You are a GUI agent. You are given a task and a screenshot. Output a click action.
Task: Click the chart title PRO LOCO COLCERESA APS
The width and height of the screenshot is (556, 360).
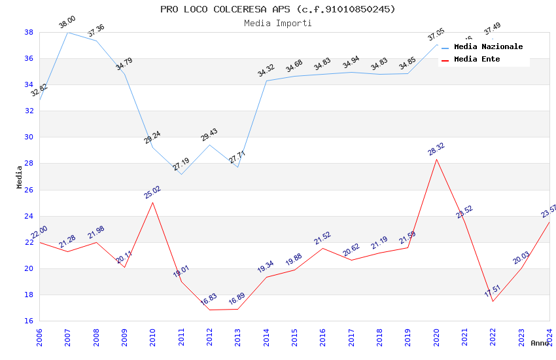(278, 9)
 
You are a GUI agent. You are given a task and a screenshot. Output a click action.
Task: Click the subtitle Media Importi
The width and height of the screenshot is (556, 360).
(278, 23)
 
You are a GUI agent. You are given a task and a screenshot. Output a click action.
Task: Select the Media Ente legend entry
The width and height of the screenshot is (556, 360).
(477, 59)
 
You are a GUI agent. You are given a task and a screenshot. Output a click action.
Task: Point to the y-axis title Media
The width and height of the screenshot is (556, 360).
(20, 177)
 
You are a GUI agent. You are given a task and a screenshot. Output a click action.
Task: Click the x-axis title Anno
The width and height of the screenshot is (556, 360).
(540, 343)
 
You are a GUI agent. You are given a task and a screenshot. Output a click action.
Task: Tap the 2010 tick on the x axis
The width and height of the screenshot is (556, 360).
(153, 336)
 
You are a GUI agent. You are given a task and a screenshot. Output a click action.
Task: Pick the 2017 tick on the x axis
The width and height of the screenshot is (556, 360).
(351, 336)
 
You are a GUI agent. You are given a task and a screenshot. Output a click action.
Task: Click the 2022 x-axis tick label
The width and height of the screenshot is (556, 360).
(493, 336)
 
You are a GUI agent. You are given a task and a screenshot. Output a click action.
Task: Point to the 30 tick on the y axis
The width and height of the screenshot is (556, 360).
(29, 137)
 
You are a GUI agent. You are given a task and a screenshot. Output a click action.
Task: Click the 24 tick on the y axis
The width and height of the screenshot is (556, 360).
(29, 216)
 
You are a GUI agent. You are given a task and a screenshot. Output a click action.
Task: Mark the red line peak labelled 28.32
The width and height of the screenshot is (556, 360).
(436, 159)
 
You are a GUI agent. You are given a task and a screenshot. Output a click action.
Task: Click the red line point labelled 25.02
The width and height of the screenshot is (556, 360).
(153, 202)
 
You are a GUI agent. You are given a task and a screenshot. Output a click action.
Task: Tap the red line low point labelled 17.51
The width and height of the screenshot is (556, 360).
(493, 301)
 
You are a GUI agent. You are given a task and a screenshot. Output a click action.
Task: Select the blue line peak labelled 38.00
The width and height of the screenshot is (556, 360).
(68, 32)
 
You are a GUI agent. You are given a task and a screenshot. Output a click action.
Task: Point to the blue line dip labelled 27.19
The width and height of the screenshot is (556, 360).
(181, 174)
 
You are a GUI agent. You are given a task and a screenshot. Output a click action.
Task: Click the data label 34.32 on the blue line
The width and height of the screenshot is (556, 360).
(266, 71)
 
